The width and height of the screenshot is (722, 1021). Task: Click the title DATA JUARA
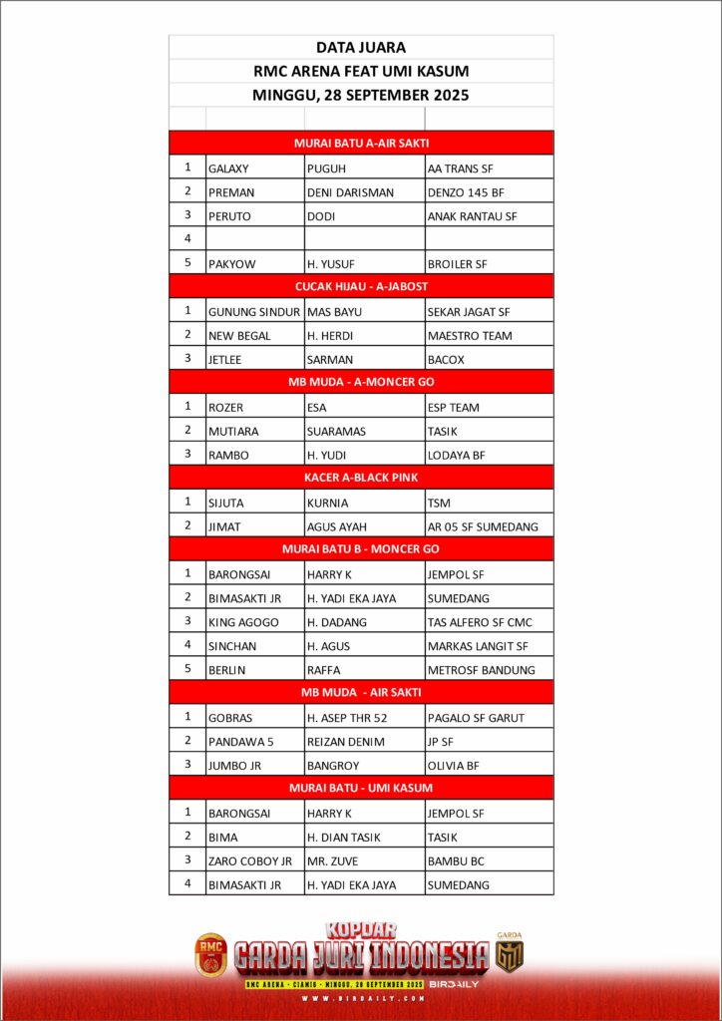pos(360,47)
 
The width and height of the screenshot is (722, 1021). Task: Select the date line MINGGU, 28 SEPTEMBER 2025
pos(360,96)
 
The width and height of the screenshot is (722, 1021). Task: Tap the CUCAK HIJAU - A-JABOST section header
pos(360,286)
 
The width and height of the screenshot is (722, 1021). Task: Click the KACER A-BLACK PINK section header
pos(360,478)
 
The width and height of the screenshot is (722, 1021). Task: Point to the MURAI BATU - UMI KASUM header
pos(360,788)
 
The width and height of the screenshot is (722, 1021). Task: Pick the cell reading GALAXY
pos(228,169)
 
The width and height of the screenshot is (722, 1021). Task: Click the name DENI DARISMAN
pos(351,192)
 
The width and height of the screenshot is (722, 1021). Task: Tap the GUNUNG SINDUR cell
pos(254,312)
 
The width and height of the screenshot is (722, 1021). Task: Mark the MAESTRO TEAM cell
pos(470,336)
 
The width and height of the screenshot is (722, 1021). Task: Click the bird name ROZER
pos(226,408)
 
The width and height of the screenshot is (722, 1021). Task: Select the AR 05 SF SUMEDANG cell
pos(483,526)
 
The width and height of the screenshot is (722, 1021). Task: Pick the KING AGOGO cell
pos(243,622)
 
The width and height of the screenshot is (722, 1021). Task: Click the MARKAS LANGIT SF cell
pos(478,646)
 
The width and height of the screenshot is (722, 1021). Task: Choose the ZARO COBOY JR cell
pos(250,860)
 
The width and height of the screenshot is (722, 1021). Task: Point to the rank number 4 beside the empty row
pos(187,239)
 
